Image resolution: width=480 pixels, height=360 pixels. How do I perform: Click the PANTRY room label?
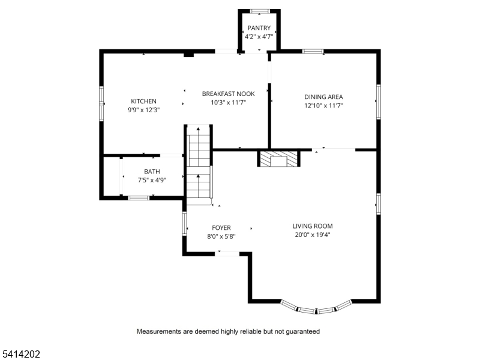pyautogui.click(x=259, y=28)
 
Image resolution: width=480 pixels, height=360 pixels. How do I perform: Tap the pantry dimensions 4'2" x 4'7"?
pyautogui.click(x=259, y=37)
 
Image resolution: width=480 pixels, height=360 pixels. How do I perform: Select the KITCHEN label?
pyautogui.click(x=143, y=101)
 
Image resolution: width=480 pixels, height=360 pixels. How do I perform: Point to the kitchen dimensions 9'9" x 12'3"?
pyautogui.click(x=143, y=110)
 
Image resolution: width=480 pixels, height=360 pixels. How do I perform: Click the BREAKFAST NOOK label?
pyautogui.click(x=228, y=94)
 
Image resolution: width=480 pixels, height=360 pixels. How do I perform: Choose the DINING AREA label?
pyautogui.click(x=323, y=97)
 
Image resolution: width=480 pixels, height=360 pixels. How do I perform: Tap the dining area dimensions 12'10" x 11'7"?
pyautogui.click(x=323, y=105)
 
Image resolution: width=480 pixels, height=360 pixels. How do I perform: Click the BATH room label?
pyautogui.click(x=152, y=172)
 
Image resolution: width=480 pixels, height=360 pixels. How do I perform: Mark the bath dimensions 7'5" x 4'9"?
pyautogui.click(x=152, y=180)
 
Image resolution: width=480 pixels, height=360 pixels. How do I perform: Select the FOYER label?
pyautogui.click(x=221, y=228)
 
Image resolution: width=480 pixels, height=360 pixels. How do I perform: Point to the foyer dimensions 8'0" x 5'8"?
pyautogui.click(x=221, y=236)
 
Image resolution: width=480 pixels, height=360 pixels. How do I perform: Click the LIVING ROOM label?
pyautogui.click(x=312, y=226)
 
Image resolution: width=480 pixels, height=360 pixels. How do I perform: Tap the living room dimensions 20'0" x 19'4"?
pyautogui.click(x=312, y=235)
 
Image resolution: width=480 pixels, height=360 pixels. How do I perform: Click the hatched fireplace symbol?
pyautogui.click(x=278, y=159)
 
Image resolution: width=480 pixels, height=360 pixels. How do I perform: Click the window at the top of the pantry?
pyautogui.click(x=259, y=10)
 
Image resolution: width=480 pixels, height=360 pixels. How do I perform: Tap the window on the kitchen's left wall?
pyautogui.click(x=101, y=103)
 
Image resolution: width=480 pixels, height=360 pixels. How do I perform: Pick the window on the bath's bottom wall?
pyautogui.click(x=139, y=197)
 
